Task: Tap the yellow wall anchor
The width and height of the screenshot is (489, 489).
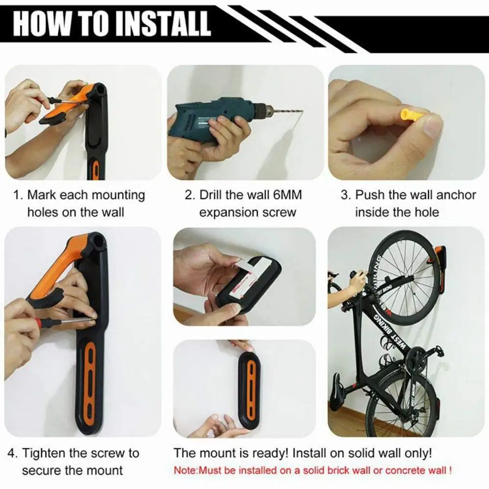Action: (x=411, y=117)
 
